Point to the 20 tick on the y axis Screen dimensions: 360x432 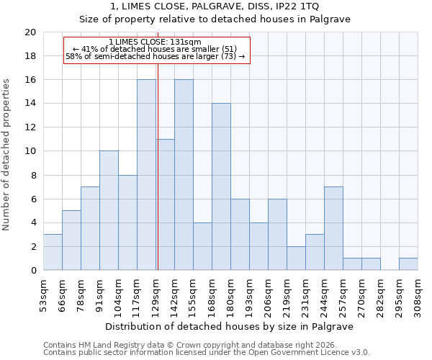(30, 32)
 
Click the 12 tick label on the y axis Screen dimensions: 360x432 (30, 127)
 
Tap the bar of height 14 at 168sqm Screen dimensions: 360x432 (221, 187)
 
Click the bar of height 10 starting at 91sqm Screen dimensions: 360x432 (109, 211)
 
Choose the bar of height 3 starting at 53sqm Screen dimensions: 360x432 (53, 253)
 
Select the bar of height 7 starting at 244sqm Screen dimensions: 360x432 (333, 229)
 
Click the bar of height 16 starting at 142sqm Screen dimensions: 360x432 (184, 175)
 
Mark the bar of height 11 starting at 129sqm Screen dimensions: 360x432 (166, 205)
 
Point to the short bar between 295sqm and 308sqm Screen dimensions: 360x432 (408, 264)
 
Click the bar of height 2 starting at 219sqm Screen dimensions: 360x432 (296, 258)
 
